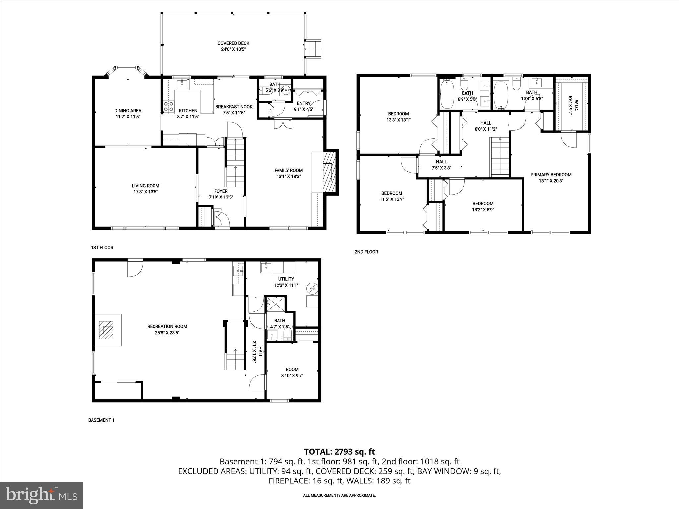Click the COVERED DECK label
tap(233, 43)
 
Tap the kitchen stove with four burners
tap(168, 106)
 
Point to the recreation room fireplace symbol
tap(108, 330)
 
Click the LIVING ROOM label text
tap(145, 186)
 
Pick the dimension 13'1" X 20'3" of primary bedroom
tap(551, 181)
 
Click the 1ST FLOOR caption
tap(102, 248)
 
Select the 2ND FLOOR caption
tap(366, 252)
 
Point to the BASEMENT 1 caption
tap(101, 420)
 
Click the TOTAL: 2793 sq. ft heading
tap(339, 451)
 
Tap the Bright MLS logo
tap(41, 495)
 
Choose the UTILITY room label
tap(286, 279)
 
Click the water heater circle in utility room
tap(312, 289)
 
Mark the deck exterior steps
tap(313, 49)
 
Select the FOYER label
tap(221, 191)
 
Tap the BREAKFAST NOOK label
tap(234, 107)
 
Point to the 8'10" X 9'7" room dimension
tap(292, 376)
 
